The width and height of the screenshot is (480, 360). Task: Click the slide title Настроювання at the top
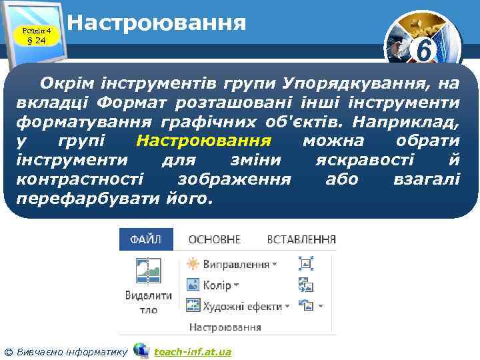pyautogui.click(x=157, y=23)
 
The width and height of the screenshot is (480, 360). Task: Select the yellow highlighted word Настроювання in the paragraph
pyautogui.click(x=203, y=141)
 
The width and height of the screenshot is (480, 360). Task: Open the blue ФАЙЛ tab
pyautogui.click(x=145, y=239)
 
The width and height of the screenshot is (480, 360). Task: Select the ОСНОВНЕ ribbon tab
pyautogui.click(x=215, y=239)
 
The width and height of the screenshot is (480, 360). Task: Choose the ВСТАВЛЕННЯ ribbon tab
pyautogui.click(x=301, y=239)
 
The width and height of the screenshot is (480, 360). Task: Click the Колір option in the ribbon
pyautogui.click(x=217, y=285)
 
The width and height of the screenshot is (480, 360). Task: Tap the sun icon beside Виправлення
pyautogui.click(x=193, y=264)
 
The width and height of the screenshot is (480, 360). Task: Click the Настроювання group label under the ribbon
pyautogui.click(x=225, y=327)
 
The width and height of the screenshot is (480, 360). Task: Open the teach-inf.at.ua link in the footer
pyautogui.click(x=193, y=351)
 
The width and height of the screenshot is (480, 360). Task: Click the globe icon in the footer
pyautogui.click(x=141, y=350)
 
